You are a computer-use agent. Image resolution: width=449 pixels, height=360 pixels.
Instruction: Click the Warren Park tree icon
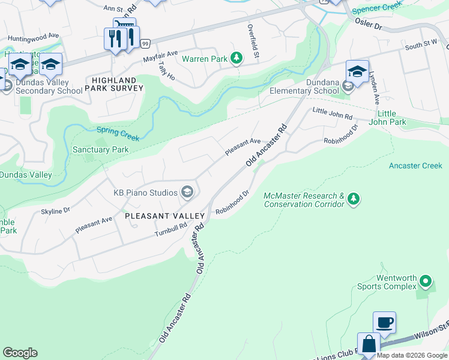[x=237, y=58]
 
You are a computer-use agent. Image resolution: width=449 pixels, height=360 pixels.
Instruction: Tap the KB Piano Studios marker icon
[x=187, y=192]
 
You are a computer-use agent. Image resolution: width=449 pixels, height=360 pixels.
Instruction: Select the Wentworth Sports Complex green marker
[x=426, y=281]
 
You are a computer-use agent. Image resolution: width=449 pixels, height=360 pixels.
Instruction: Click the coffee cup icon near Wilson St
[x=384, y=322]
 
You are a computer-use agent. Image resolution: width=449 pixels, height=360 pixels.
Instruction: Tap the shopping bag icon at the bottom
[x=369, y=345]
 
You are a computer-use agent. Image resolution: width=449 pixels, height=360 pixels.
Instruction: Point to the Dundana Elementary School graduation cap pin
[x=357, y=72]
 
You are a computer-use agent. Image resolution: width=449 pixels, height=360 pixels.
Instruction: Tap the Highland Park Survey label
[x=114, y=84]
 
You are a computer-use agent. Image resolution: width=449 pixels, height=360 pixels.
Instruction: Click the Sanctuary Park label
[x=100, y=149]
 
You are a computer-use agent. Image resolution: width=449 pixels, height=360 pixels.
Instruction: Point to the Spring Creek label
[x=118, y=134]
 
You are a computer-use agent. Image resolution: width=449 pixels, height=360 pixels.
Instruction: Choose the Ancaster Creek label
[x=415, y=166]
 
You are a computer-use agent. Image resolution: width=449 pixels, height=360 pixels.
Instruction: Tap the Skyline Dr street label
[x=55, y=211]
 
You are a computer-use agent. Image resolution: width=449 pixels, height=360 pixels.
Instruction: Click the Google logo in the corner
[x=20, y=353]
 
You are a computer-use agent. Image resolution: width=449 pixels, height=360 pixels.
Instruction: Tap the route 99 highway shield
[x=145, y=43]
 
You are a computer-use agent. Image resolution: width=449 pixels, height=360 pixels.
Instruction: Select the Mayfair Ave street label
[x=160, y=56]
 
